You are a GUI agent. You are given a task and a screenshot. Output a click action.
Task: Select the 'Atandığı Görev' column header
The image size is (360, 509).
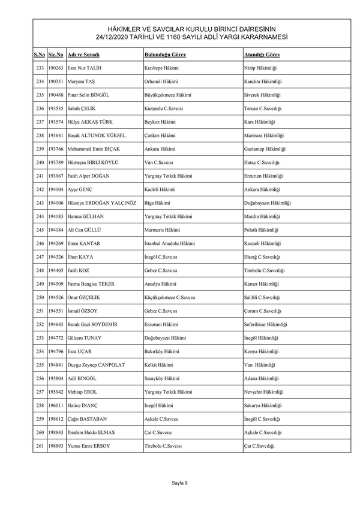point(262,55)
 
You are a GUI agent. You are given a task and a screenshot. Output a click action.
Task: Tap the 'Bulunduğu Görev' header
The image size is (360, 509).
point(165,55)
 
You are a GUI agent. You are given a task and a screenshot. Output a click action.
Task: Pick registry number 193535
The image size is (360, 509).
point(56,109)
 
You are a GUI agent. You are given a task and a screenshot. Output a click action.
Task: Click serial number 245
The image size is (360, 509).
point(40,230)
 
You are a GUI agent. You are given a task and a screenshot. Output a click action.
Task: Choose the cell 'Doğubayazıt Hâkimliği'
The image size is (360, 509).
point(268,203)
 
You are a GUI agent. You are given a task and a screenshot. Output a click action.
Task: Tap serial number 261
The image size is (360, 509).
point(40,445)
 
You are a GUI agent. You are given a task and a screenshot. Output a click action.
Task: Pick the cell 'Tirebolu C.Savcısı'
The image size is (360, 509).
point(163,445)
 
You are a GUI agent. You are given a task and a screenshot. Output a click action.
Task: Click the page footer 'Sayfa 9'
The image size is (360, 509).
point(180,483)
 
